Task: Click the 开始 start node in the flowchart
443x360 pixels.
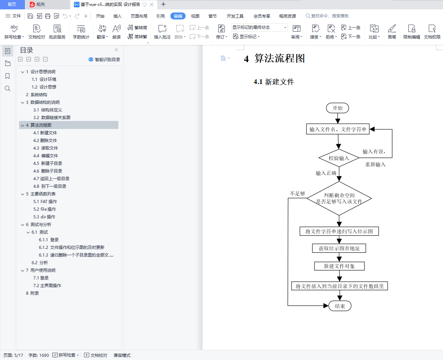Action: pos(337,108)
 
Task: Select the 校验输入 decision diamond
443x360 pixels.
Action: pos(339,158)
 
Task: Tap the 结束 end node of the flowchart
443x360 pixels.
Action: pos(340,306)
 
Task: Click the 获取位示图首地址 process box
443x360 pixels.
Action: pos(339,248)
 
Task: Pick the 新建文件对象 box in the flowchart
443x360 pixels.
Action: pos(339,266)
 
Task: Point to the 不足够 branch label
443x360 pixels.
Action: pos(297,193)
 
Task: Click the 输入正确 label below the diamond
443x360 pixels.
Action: pos(326,173)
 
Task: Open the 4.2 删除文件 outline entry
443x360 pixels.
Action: pos(45,140)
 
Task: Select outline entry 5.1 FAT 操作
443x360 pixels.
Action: pos(45,201)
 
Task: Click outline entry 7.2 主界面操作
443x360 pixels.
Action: pos(47,285)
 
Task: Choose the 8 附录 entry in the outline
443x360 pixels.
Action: pos(33,293)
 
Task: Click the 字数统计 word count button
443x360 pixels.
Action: pos(81,32)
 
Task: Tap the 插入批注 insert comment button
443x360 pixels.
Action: pos(162,32)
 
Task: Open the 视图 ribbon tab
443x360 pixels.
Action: pos(195,16)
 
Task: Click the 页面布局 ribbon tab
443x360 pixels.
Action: pos(139,16)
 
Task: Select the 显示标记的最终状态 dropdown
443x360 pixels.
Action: pos(259,27)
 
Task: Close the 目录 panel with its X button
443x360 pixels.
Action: pos(116,50)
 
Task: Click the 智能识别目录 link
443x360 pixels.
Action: pos(104,59)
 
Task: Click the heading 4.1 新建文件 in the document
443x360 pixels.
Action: pos(274,82)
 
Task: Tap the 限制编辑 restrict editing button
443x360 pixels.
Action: pos(411,32)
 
